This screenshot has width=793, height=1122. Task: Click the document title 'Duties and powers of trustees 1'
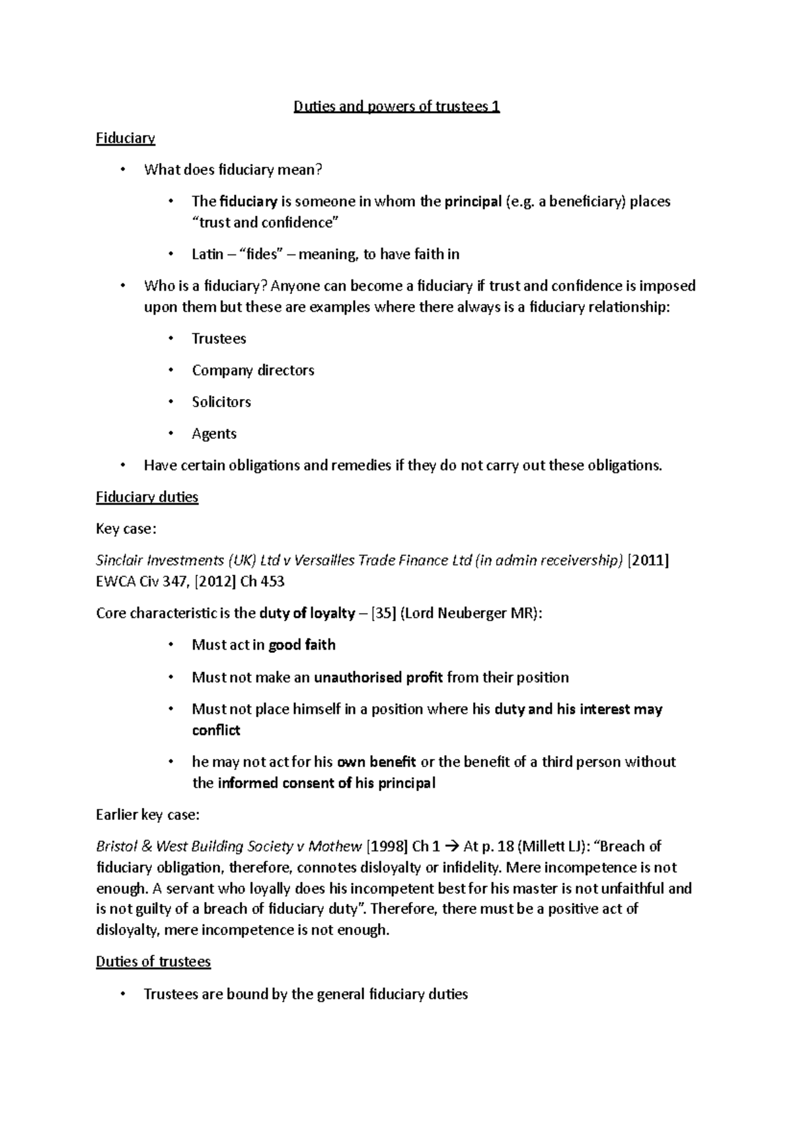click(397, 106)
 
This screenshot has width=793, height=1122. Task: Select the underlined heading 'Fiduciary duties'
click(147, 497)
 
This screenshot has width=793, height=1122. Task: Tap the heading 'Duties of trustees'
click(153, 961)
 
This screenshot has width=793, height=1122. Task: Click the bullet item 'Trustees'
click(219, 339)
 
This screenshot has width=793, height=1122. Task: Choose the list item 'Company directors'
click(252, 371)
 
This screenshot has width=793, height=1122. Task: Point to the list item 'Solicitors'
click(221, 402)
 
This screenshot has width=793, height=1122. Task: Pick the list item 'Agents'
click(213, 434)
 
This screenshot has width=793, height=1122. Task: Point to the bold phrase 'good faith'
click(301, 645)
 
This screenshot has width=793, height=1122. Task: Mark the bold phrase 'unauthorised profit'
click(378, 677)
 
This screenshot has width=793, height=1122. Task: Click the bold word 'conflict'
click(215, 730)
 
